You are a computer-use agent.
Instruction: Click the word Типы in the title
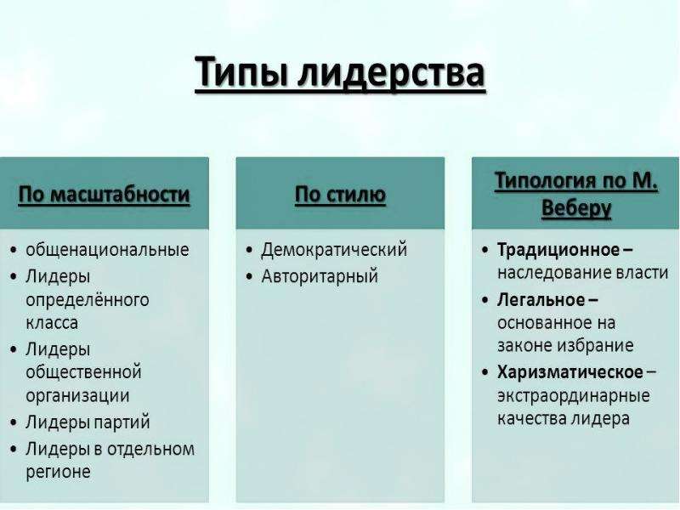(x=241, y=72)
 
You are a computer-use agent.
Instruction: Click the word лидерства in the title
(x=391, y=72)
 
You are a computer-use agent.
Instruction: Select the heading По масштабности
(x=104, y=195)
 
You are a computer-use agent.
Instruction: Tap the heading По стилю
(x=340, y=195)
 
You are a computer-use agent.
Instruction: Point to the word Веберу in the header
(x=576, y=208)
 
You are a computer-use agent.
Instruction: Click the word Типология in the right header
(x=542, y=180)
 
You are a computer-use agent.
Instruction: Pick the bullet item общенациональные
(x=108, y=250)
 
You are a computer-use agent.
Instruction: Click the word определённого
(x=88, y=300)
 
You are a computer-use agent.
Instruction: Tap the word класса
(x=52, y=323)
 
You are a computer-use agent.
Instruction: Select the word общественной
(x=83, y=372)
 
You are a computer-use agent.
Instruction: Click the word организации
(x=77, y=396)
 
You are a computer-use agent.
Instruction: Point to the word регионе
(x=58, y=472)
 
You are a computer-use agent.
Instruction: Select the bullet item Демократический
(x=334, y=250)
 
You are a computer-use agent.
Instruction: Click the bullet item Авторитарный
(x=320, y=276)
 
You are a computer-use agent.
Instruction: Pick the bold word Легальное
(x=541, y=300)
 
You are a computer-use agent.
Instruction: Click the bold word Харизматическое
(x=569, y=372)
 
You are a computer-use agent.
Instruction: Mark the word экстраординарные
(x=573, y=396)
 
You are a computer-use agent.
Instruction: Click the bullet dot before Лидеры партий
(x=14, y=422)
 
